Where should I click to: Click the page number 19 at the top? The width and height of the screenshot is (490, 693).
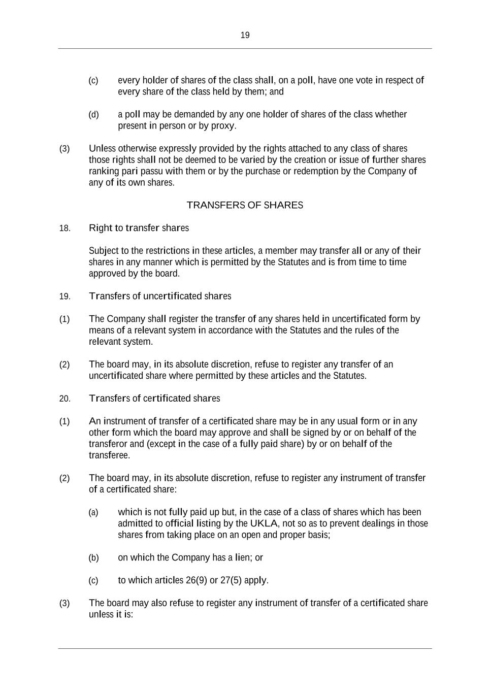coord(245,36)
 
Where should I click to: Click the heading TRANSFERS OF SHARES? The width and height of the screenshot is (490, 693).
coord(245,205)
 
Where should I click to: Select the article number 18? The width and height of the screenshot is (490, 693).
coord(65,228)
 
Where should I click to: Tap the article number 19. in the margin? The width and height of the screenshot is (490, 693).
coord(65,296)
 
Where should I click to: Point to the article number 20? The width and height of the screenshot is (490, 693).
coord(65,399)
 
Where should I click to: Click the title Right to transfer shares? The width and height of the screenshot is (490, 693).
coord(139,228)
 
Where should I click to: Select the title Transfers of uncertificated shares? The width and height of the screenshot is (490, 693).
coord(160,296)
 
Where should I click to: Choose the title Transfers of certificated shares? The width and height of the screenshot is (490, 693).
coord(154,399)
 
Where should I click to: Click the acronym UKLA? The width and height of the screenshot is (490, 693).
coord(264,523)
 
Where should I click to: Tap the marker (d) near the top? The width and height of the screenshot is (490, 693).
coord(93,115)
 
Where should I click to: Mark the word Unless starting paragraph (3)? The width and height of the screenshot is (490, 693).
coord(102,149)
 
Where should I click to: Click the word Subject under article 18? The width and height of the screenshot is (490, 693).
coord(103,251)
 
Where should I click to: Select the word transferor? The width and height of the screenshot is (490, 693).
coord(108,444)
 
